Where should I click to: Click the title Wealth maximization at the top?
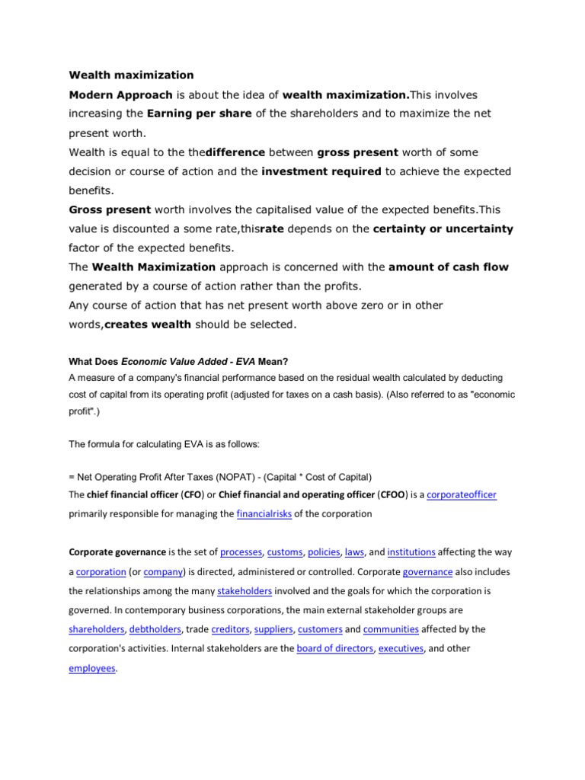131,75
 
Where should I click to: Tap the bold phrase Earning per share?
197,113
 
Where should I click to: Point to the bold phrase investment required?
321,171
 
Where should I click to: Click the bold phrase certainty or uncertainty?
443,229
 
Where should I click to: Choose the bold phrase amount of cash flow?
448,267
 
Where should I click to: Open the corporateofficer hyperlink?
462,495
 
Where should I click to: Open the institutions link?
411,552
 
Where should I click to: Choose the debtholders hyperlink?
155,629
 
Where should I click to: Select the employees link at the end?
92,667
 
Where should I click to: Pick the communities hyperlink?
391,629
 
